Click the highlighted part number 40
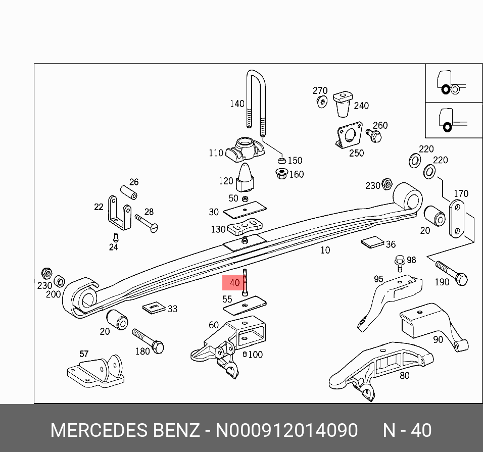click(x=234, y=283)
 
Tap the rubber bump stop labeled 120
click(x=247, y=178)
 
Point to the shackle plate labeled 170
click(x=457, y=219)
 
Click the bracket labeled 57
click(x=97, y=373)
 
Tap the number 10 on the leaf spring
click(x=325, y=250)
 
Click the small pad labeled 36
click(x=373, y=242)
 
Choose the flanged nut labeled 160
click(x=281, y=174)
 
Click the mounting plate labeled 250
click(x=349, y=135)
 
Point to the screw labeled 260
click(x=374, y=135)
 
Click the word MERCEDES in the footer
click(x=97, y=430)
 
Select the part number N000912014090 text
click(x=286, y=430)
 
